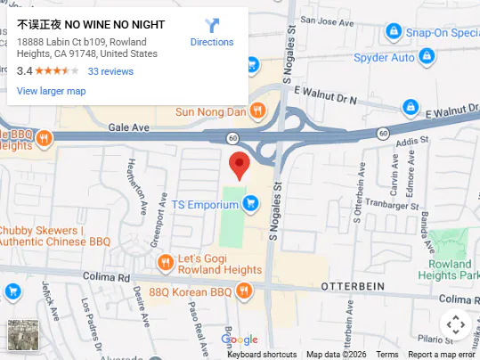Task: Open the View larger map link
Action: [x=51, y=91]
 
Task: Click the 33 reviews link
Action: [x=110, y=71]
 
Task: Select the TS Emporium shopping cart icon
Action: [x=251, y=204]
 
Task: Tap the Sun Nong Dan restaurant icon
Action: [x=257, y=110]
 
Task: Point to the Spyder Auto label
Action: [x=386, y=58]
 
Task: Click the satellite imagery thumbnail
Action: [x=23, y=335]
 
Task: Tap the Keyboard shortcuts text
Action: [x=262, y=355]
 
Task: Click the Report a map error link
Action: [x=442, y=355]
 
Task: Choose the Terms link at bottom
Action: [x=387, y=355]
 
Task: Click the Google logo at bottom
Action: [x=239, y=340]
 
